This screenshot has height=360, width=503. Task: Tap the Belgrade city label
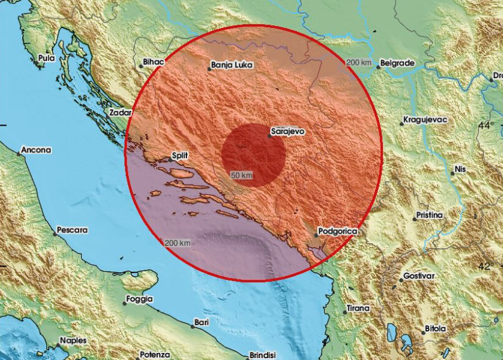tap(397, 63)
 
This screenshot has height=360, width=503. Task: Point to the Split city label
tap(181, 155)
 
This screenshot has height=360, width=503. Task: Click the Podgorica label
tap(338, 232)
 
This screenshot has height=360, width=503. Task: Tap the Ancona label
tap(36, 150)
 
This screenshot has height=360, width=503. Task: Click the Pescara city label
tap(72, 229)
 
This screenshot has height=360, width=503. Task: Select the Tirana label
tap(358, 309)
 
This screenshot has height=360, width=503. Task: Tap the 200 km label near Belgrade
tap(359, 62)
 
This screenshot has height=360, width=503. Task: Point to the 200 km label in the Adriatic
tap(178, 243)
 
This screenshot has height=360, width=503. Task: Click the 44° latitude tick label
tap(486, 125)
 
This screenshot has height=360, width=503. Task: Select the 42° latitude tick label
tap(486, 266)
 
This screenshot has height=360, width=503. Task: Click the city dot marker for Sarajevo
tap(269, 136)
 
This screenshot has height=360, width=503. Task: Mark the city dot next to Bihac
tap(140, 65)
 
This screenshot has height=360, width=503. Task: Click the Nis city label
tap(461, 170)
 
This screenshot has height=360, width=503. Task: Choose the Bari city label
tap(202, 323)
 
